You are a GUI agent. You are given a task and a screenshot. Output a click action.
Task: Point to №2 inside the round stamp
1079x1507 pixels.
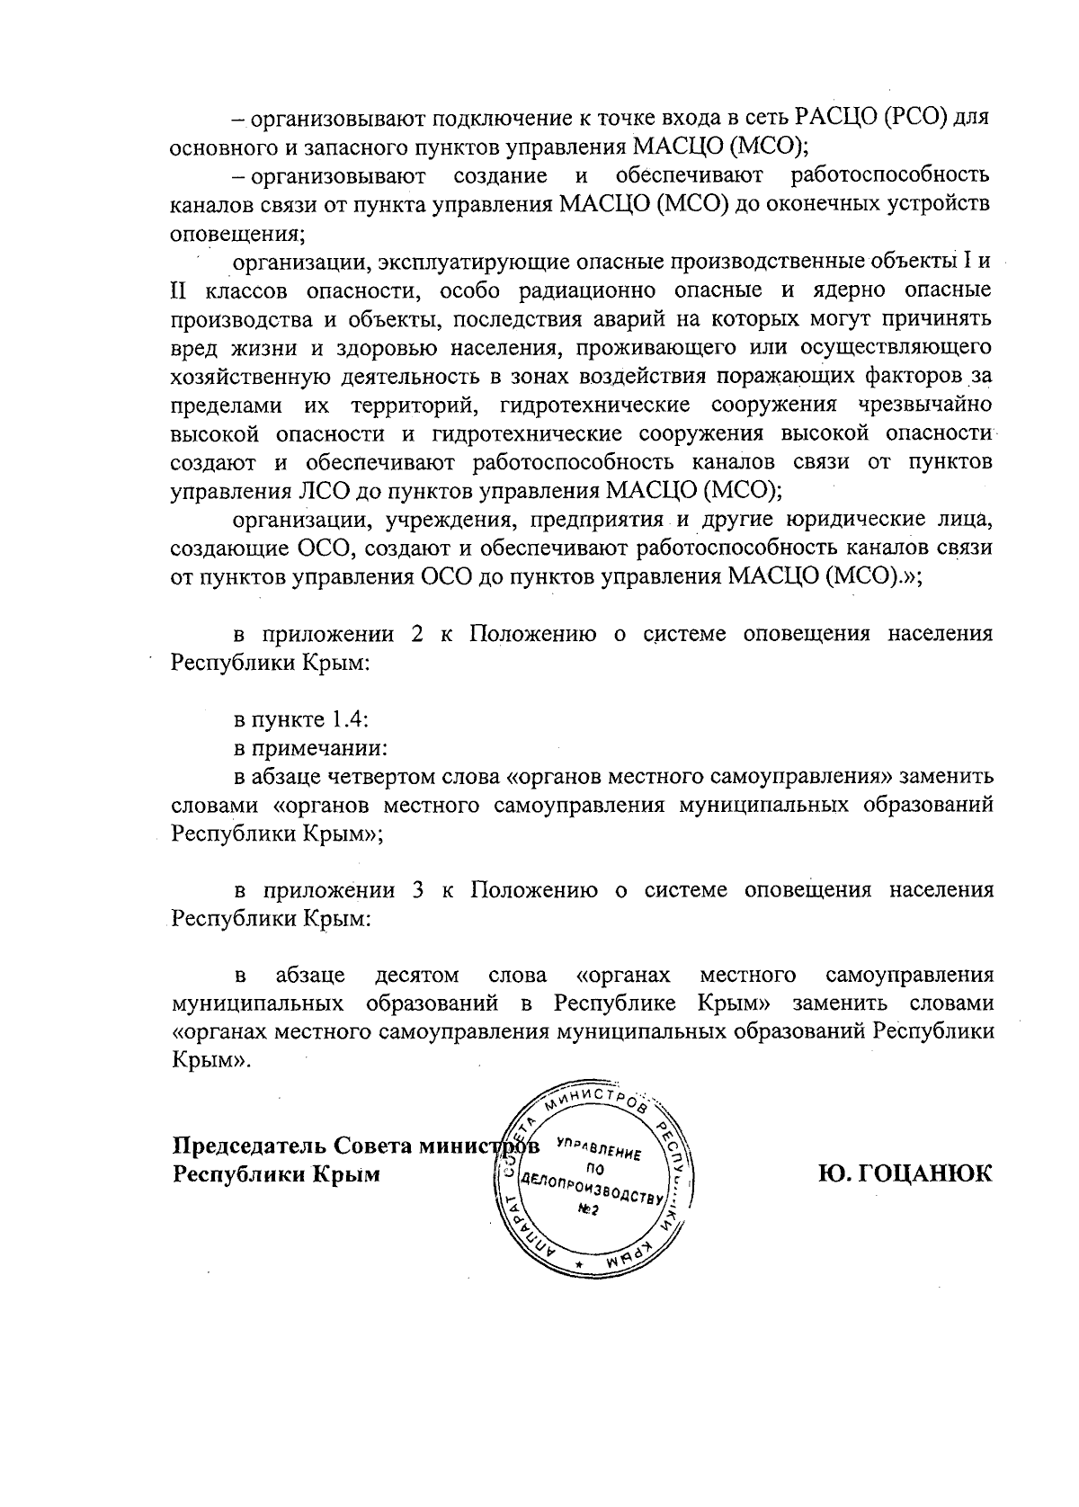[x=588, y=1209]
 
